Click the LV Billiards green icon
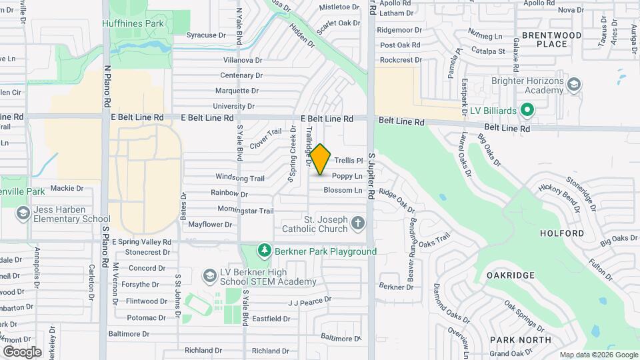click(526, 109)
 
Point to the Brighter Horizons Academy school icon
click(574, 85)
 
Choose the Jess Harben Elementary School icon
click(23, 213)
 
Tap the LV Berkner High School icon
click(209, 275)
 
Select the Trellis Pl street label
click(348, 161)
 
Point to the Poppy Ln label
click(347, 176)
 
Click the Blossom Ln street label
click(343, 191)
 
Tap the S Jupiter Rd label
click(372, 160)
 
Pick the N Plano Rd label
click(106, 86)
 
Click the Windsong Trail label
click(240, 178)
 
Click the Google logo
click(23, 351)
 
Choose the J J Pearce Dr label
click(309, 301)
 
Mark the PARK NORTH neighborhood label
click(520, 340)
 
